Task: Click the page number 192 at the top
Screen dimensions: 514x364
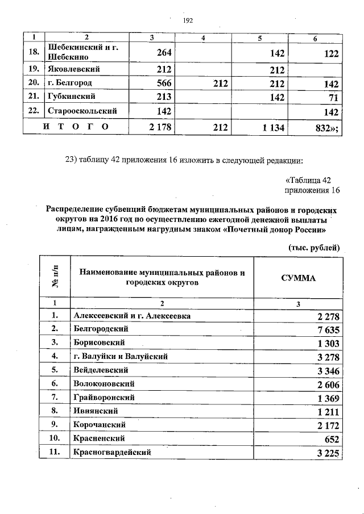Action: tap(188, 20)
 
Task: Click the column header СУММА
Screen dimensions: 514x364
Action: tap(299, 278)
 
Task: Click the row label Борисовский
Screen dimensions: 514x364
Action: tap(99, 342)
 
